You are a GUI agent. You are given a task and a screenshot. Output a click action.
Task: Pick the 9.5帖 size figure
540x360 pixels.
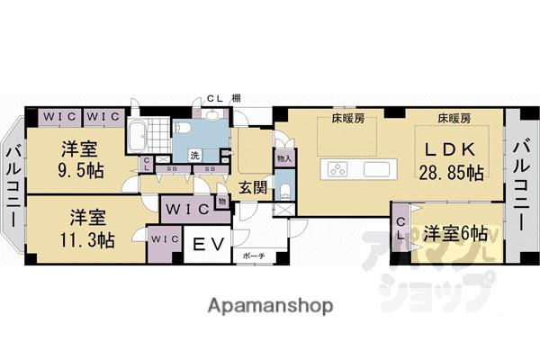coord(80,168)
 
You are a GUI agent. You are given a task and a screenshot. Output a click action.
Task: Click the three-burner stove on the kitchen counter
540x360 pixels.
coord(339,169)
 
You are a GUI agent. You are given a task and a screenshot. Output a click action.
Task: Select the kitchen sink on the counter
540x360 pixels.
coord(378,169)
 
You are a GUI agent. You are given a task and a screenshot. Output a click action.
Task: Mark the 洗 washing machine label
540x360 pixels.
coord(193,155)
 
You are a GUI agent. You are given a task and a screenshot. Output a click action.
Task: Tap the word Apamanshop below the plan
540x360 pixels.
coord(270,306)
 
